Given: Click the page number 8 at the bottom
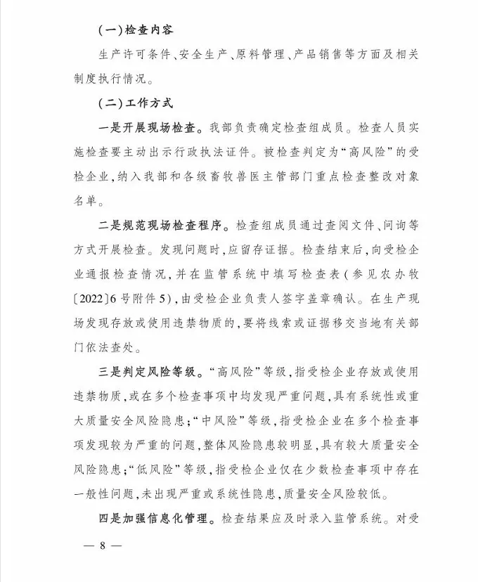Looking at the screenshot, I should [103, 546].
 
